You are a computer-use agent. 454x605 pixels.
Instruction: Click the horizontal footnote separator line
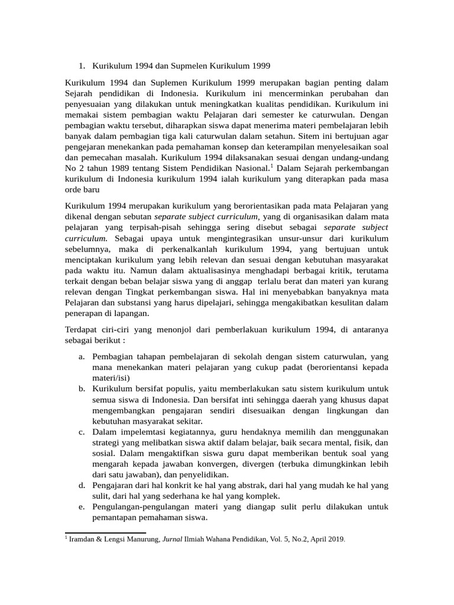pos(105,532)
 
